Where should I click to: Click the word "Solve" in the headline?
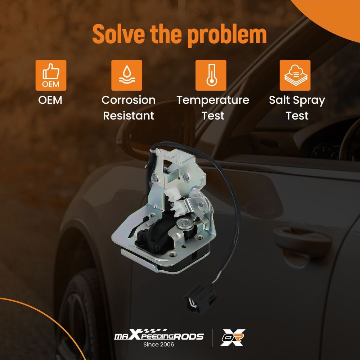tap(119, 34)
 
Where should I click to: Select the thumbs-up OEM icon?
tap(51, 75)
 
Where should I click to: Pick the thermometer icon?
tap(211, 75)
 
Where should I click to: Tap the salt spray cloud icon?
tap(295, 75)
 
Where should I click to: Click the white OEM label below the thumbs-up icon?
tap(50, 100)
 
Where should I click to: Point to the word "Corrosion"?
tap(129, 100)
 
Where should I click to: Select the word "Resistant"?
tap(129, 116)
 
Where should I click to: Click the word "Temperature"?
tap(213, 100)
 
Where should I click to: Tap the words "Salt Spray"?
tap(297, 100)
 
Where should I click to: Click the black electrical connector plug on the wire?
tap(201, 298)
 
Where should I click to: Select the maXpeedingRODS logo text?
tap(159, 336)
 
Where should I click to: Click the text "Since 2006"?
tap(159, 345)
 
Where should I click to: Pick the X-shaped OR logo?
tap(232, 338)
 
